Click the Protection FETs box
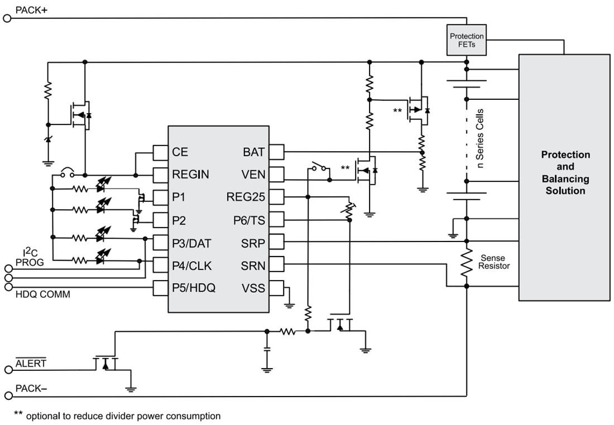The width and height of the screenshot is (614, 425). [466, 40]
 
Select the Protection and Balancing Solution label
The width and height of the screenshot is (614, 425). [565, 172]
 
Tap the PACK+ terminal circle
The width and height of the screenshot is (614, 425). [7, 18]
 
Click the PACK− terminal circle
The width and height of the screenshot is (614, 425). [7, 396]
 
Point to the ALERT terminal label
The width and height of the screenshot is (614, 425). [31, 364]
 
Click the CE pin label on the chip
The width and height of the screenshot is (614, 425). [180, 152]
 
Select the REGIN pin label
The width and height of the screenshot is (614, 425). [190, 175]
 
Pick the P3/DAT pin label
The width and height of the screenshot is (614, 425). [192, 243]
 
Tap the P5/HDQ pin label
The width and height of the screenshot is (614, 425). [194, 288]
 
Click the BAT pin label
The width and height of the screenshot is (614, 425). [254, 152]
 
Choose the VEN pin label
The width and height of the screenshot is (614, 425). [253, 175]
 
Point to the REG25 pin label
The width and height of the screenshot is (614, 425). [246, 197]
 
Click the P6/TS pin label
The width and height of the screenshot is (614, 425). [249, 220]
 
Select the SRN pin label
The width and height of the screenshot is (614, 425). [254, 266]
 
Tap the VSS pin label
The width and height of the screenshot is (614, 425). [254, 288]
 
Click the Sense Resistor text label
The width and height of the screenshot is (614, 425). [495, 262]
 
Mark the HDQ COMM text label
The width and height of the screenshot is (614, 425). [42, 294]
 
